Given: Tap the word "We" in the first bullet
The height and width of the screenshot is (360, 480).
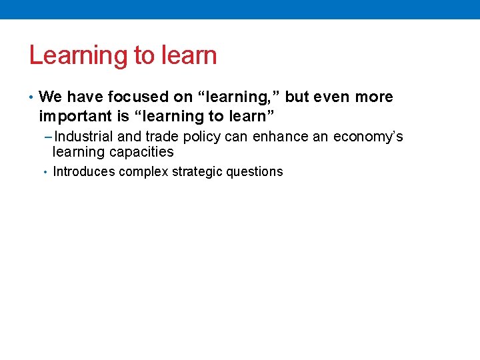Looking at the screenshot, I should pos(50,97).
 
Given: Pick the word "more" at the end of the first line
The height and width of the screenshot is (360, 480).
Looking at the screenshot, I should pos(374,97).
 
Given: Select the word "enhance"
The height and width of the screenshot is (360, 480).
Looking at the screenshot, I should pos(280,137).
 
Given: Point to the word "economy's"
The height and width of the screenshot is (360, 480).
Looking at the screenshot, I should pos(368,137).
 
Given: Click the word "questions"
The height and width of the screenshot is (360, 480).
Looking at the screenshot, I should pos(255,172).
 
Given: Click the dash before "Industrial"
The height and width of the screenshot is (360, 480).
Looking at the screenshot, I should pos(47,137).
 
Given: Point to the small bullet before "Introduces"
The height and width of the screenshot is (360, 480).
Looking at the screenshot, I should pos(45,172).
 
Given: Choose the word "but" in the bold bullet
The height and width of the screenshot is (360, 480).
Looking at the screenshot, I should pos(297,97).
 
